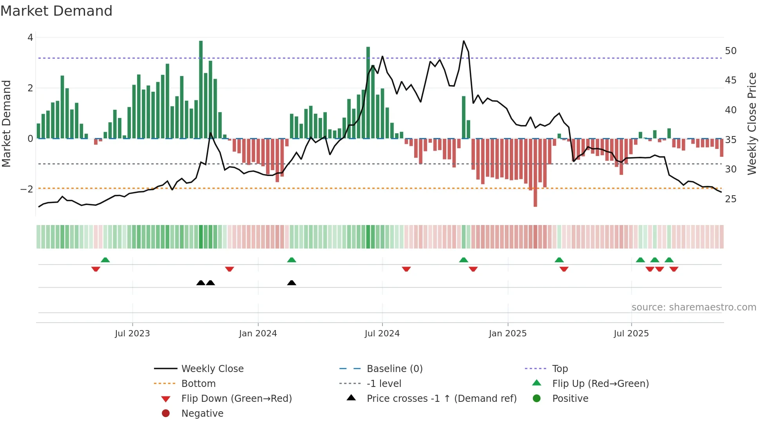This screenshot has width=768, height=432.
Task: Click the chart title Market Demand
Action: tap(56, 11)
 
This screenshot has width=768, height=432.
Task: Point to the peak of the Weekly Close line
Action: tap(464, 41)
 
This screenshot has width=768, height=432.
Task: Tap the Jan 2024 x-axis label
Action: tap(258, 334)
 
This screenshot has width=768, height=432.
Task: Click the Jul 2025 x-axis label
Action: tap(631, 334)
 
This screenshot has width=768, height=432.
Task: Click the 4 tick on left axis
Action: tap(30, 38)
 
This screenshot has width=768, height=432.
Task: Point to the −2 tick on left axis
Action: tap(27, 189)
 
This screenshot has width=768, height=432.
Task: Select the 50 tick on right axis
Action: tap(730, 51)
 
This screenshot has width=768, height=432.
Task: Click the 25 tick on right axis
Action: tap(730, 199)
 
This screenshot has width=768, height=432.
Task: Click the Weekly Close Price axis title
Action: tap(752, 123)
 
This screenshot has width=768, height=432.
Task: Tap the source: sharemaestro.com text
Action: tap(694, 307)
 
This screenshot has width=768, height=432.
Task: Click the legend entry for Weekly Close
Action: tap(212, 369)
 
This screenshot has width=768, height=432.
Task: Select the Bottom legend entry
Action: tap(198, 384)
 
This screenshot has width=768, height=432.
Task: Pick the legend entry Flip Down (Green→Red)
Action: tap(236, 399)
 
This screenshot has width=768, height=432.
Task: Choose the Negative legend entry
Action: tap(202, 414)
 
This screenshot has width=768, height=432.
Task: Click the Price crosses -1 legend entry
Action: tap(441, 399)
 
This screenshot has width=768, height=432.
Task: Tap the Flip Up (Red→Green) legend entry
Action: tap(600, 384)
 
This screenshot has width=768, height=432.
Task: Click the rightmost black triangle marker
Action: tap(292, 283)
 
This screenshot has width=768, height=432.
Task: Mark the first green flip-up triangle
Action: tap(105, 260)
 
